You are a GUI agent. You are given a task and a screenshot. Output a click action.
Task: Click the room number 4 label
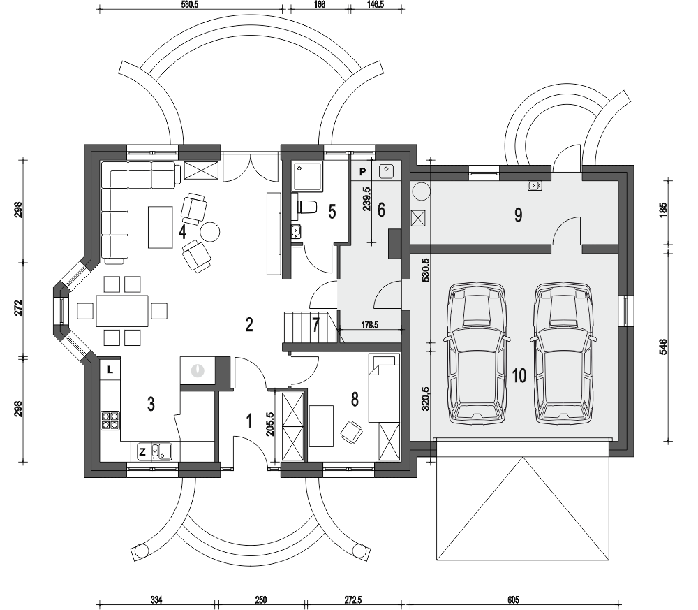pos(182,231)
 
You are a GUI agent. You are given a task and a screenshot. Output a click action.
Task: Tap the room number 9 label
pos(518,215)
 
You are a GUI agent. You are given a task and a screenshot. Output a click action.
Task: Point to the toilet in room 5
pos(306,207)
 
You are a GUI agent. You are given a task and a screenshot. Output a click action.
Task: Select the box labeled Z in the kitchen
pos(142,452)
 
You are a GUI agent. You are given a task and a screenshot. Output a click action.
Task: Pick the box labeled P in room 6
pos(363,170)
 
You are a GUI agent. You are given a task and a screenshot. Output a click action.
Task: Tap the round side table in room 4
pos(210,231)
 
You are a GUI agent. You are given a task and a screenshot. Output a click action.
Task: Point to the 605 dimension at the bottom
pos(513,600)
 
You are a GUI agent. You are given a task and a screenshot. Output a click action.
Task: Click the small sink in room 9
pos(534,185)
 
